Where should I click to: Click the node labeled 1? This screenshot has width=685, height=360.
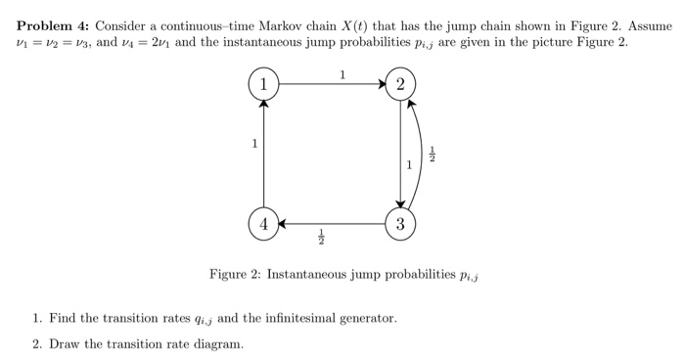point(263,85)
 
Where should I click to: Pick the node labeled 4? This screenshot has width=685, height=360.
point(263,223)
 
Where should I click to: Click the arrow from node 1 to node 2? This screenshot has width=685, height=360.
point(332,85)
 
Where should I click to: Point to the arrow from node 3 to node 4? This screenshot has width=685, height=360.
point(332,223)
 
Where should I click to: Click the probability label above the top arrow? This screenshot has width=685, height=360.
point(342,73)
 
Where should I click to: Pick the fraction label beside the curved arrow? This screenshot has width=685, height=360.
point(435,155)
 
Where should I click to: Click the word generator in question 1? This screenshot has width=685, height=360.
point(367,318)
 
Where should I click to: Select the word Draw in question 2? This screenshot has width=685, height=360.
point(64,343)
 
